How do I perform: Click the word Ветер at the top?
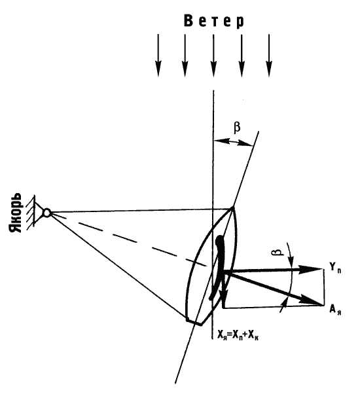click(x=214, y=21)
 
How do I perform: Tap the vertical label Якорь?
click(x=15, y=213)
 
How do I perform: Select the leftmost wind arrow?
click(x=158, y=55)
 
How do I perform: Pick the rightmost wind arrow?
click(x=269, y=55)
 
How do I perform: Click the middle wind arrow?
click(x=213, y=55)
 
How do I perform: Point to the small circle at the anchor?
click(x=47, y=213)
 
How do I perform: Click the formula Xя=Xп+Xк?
click(x=238, y=335)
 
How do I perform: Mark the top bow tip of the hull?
click(x=232, y=207)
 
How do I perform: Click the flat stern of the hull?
click(x=194, y=322)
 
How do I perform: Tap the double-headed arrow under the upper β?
click(x=233, y=142)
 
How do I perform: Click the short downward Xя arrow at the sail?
click(x=224, y=288)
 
